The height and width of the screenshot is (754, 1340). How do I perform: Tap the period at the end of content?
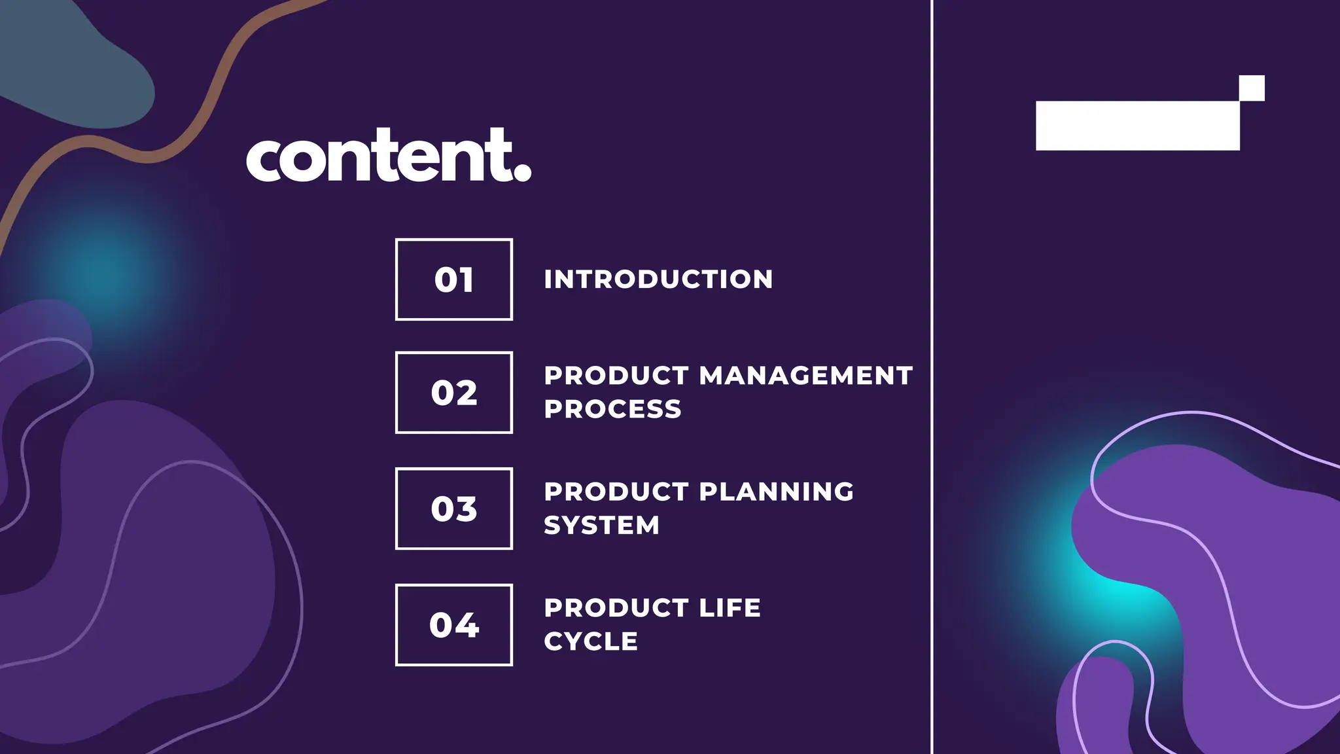[522, 171]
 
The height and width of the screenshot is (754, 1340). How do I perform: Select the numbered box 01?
[453, 279]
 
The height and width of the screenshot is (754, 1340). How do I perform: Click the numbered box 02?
[453, 393]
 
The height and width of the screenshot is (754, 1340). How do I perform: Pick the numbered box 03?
[453, 509]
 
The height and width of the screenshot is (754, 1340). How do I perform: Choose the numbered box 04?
[453, 624]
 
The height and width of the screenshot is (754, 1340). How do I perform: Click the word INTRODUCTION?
[658, 279]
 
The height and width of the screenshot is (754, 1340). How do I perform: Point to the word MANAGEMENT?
[805, 376]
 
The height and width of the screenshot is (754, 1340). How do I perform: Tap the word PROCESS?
[612, 409]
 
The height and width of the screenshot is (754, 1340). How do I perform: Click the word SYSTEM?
[601, 525]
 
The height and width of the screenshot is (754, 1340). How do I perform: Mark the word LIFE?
[730, 607]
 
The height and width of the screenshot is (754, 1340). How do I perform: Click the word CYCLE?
[590, 641]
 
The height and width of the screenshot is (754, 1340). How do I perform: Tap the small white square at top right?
[1252, 88]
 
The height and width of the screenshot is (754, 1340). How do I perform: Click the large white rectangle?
[1137, 126]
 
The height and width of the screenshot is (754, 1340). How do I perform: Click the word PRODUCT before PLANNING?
[616, 492]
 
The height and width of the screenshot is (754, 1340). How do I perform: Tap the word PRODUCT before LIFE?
[616, 607]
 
